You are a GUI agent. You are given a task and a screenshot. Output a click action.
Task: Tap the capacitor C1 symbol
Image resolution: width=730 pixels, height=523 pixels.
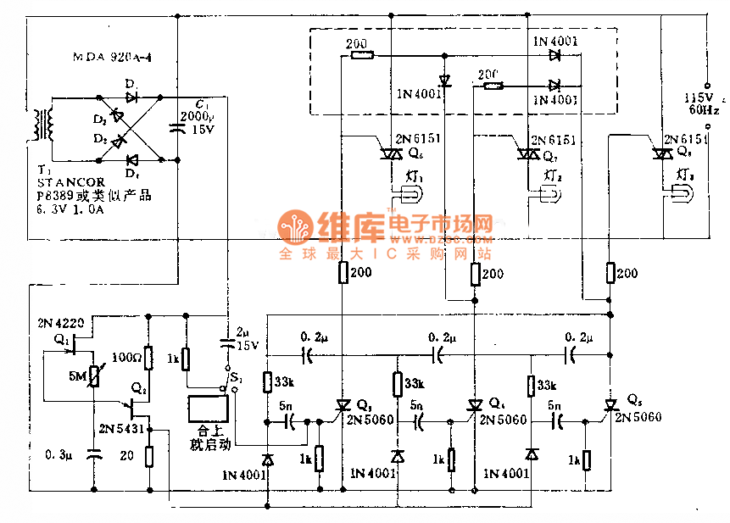(x=179, y=128)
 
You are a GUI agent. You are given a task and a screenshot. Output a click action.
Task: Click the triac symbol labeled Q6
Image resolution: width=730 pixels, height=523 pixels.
(x=391, y=153)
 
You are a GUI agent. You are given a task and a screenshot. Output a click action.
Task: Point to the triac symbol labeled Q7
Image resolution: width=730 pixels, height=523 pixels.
(x=528, y=154)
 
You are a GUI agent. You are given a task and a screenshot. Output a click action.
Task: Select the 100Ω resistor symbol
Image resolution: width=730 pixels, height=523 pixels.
(x=148, y=358)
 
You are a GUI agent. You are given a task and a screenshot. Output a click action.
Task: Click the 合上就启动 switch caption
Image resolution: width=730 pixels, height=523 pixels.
(x=208, y=437)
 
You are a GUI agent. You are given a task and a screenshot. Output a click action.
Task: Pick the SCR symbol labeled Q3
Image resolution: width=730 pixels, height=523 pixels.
(x=343, y=408)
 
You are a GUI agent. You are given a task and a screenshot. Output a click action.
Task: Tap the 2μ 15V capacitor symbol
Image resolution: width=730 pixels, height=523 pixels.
(x=227, y=343)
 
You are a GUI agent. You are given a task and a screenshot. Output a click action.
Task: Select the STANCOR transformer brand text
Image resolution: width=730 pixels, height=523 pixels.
(x=71, y=182)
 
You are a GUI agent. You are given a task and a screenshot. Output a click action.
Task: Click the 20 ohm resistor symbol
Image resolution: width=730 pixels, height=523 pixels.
(x=148, y=457)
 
